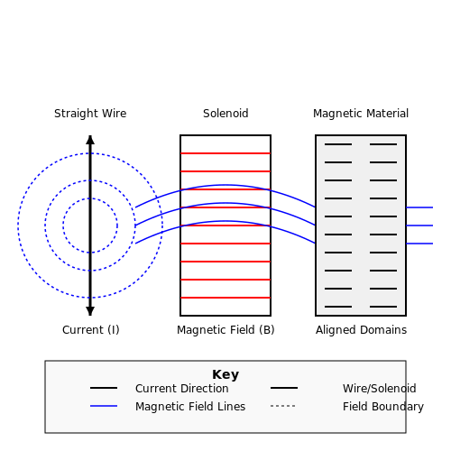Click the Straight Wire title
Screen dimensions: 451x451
[x=90, y=114]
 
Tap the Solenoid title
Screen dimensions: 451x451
[x=225, y=114]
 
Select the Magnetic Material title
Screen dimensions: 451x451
[x=361, y=114]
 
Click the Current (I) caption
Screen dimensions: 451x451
[x=91, y=330]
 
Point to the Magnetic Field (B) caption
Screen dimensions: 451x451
[x=225, y=330]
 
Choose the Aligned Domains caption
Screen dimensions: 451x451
[x=361, y=330]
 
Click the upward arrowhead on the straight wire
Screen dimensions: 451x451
[x=90, y=140]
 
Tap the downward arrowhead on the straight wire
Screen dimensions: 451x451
[x=90, y=311]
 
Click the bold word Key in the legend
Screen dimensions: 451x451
[x=225, y=374]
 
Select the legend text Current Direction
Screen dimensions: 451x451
[x=182, y=388]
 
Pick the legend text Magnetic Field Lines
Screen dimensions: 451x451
[x=190, y=406]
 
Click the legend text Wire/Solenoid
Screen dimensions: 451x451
[x=380, y=388]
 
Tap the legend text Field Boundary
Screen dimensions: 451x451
[x=383, y=407]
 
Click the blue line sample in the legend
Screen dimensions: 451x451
[x=104, y=406]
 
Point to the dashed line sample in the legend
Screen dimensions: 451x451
[x=282, y=406]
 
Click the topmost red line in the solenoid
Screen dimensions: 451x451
[x=225, y=153]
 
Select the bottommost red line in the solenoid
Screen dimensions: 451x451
[x=225, y=298]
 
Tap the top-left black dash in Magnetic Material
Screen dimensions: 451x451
[x=338, y=144]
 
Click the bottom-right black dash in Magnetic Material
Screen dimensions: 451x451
[x=383, y=307]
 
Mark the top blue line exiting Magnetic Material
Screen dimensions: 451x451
[x=419, y=207]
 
